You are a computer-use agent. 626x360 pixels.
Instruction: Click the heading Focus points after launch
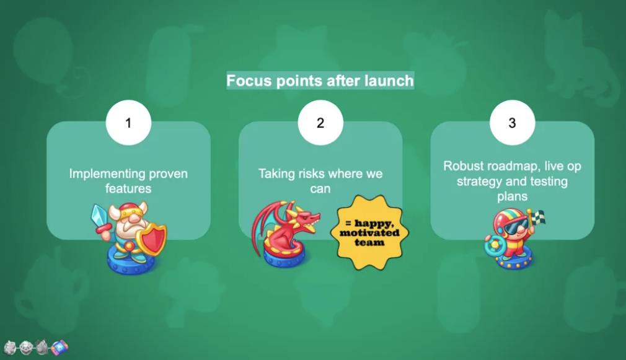pyautogui.click(x=320, y=81)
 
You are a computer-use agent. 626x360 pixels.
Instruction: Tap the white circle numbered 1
pyautogui.click(x=128, y=123)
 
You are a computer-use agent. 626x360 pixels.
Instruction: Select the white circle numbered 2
pyautogui.click(x=320, y=123)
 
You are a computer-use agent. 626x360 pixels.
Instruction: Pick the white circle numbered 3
pyautogui.click(x=512, y=123)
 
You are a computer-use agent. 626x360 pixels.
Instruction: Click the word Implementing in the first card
pyautogui.click(x=102, y=174)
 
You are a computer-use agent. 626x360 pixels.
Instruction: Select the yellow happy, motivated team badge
pyautogui.click(x=369, y=233)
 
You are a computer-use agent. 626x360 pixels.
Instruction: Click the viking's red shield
pyautogui.click(x=152, y=239)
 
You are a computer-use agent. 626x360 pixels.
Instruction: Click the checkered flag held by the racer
pyautogui.click(x=537, y=217)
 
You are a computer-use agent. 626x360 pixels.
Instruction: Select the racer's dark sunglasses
pyautogui.click(x=514, y=227)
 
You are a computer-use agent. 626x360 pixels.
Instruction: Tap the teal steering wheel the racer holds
pyautogui.click(x=493, y=246)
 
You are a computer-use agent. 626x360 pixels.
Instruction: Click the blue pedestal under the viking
pyautogui.click(x=131, y=261)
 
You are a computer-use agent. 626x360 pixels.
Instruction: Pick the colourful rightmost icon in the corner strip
pyautogui.click(x=60, y=347)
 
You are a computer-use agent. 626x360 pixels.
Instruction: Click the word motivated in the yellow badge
pyautogui.click(x=369, y=233)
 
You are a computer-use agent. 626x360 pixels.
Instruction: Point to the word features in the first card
pyautogui.click(x=128, y=188)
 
